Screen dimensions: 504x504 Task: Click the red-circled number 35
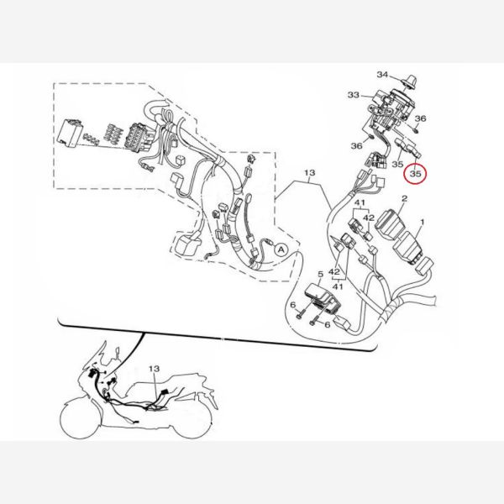coord(415,174)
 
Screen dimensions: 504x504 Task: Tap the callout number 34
coord(382,75)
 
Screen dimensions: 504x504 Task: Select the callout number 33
coord(354,95)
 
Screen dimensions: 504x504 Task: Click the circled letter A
coord(281,249)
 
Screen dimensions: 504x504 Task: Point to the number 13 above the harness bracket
coord(309,173)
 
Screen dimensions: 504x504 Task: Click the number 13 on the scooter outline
coord(154,369)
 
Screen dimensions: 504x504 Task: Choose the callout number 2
coord(404,198)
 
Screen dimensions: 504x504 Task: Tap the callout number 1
coord(423,222)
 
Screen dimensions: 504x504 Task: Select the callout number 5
coord(320,274)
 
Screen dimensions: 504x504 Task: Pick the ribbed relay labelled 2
coord(391,223)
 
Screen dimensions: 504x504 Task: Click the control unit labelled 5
coord(323,300)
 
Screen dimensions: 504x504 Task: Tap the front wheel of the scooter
coord(81,417)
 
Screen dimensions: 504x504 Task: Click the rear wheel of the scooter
coord(192,420)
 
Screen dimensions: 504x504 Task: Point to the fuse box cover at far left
coord(69,134)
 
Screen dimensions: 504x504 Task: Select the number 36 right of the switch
coord(420,118)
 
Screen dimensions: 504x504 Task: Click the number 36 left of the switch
coord(356,146)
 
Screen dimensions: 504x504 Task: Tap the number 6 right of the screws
coord(328,325)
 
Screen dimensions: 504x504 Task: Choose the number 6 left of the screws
coord(292,304)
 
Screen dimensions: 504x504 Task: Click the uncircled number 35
coord(397,165)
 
